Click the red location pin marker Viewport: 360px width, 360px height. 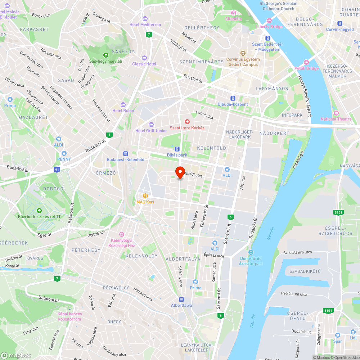[x=180, y=172]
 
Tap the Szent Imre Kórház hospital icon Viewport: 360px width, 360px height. [x=187, y=122]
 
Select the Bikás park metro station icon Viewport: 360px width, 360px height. [x=177, y=149]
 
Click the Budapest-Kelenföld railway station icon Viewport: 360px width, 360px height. [x=125, y=153]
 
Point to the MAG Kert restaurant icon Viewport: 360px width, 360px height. [x=145, y=196]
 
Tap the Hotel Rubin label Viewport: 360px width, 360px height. [x=123, y=111]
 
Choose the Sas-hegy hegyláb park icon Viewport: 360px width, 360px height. [x=106, y=55]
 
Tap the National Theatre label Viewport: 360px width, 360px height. [x=334, y=119]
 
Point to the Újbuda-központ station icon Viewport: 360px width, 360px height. [x=233, y=98]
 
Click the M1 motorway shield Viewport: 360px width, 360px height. [x=56, y=169]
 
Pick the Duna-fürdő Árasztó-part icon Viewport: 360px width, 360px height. [x=251, y=252]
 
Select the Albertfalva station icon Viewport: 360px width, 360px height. [x=181, y=299]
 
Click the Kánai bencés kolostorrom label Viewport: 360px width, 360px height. [x=69, y=316]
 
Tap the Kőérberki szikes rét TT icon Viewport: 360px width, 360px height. [x=39, y=211]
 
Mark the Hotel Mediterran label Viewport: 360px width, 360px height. [x=145, y=24]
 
